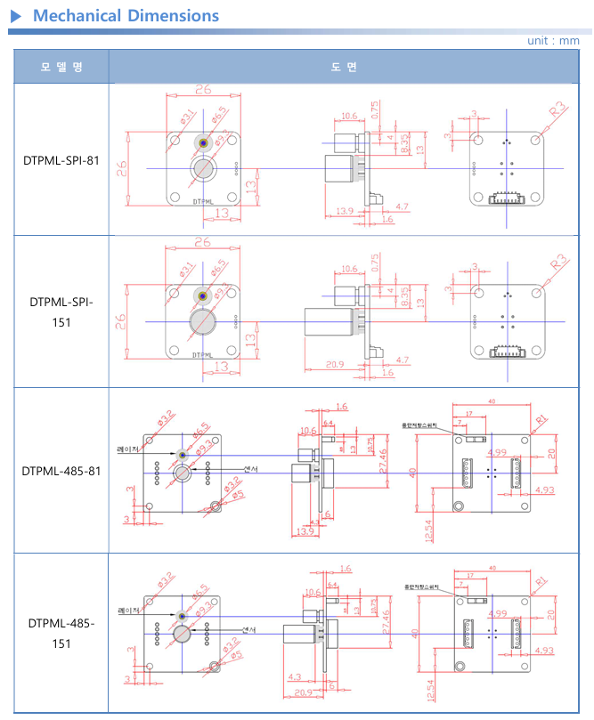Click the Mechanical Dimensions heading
point(126,16)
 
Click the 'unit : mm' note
point(553,41)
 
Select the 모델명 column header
point(61,68)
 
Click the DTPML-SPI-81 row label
point(61,161)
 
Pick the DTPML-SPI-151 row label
point(61,311)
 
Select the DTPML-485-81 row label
point(61,470)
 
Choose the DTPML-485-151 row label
point(61,632)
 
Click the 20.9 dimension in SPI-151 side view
point(336,365)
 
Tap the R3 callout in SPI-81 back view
point(557,110)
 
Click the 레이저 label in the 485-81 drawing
point(129,450)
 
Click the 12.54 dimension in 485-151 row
point(429,690)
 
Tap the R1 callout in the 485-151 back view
point(541,582)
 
